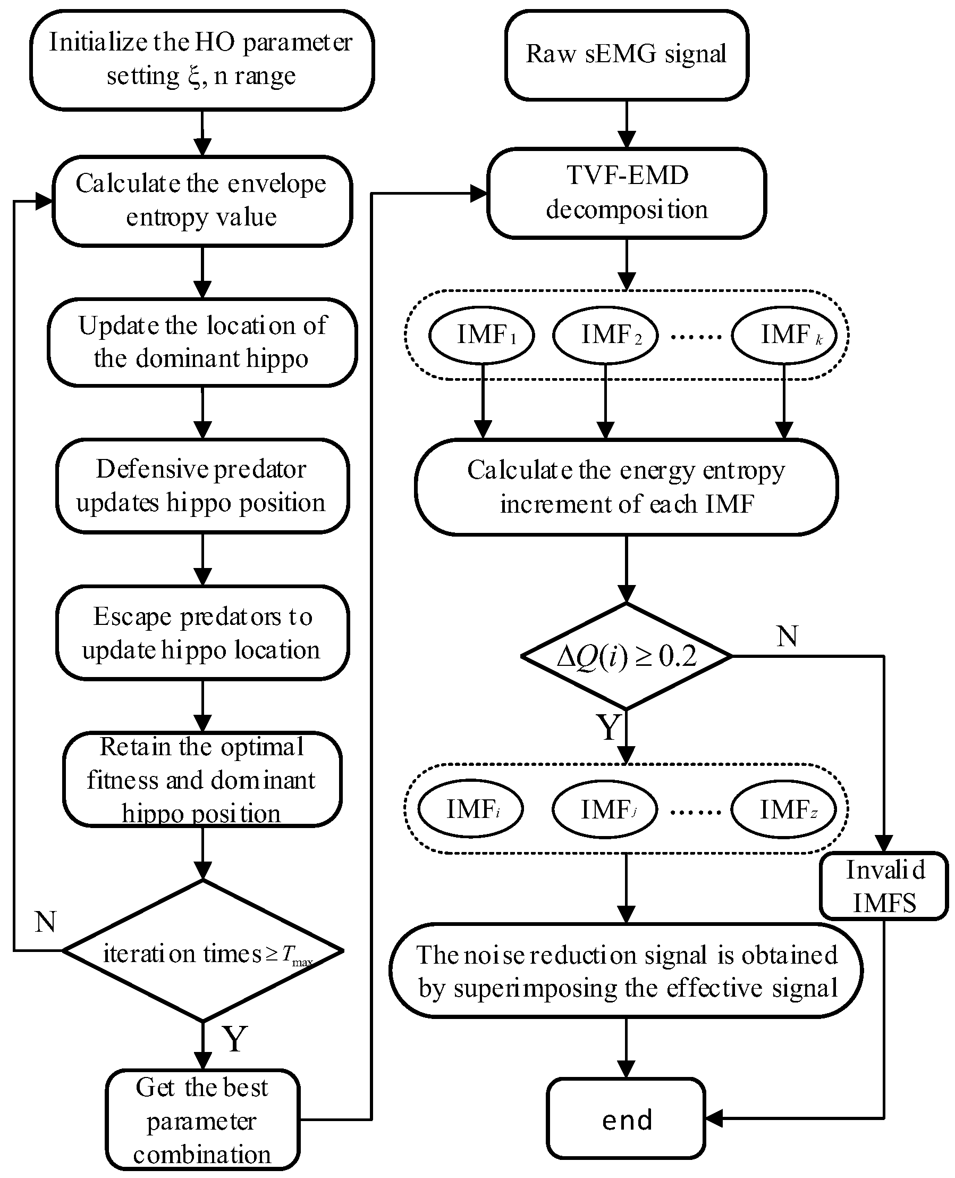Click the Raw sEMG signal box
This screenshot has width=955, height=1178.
[627, 55]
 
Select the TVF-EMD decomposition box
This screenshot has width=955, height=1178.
[627, 193]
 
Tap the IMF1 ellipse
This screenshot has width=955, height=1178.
[482, 335]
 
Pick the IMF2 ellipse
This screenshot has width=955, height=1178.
[606, 335]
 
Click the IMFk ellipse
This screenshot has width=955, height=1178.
[784, 335]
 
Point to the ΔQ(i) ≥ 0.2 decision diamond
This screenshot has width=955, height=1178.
[627, 656]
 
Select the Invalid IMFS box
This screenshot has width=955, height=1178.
[884, 886]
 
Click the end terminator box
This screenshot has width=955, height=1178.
[627, 1118]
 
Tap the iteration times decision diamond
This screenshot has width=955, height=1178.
[203, 951]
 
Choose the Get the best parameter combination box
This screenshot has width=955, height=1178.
[203, 1119]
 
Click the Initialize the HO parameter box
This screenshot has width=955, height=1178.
[202, 60]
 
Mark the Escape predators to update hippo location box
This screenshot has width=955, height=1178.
[203, 633]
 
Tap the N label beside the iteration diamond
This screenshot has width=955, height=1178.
[45, 922]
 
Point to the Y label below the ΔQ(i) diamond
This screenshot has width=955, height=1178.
[609, 728]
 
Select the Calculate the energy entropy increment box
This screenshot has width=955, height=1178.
[627, 487]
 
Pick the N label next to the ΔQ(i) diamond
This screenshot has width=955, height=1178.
[787, 637]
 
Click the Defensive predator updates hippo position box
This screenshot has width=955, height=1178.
[203, 486]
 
